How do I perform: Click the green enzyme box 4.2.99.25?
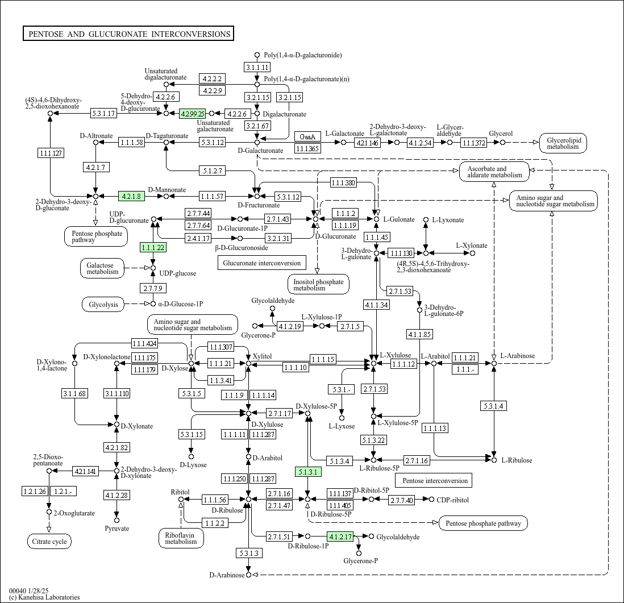[x=192, y=114]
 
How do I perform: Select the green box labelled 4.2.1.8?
[x=131, y=197]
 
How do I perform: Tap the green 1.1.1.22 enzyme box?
[x=153, y=247]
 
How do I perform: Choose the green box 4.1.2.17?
[x=340, y=536]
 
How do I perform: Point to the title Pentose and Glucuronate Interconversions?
[x=128, y=34]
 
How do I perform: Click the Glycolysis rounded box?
[x=103, y=305]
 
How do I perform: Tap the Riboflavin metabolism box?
[x=181, y=538]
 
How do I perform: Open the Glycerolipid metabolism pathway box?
[x=563, y=143]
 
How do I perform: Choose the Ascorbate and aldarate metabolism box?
[x=494, y=172]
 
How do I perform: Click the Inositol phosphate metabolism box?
[x=318, y=285]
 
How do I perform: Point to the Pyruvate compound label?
[x=117, y=529]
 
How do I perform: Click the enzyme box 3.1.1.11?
[x=257, y=68]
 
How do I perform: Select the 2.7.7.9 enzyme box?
[x=153, y=289]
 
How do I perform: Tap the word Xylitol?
[x=262, y=356]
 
